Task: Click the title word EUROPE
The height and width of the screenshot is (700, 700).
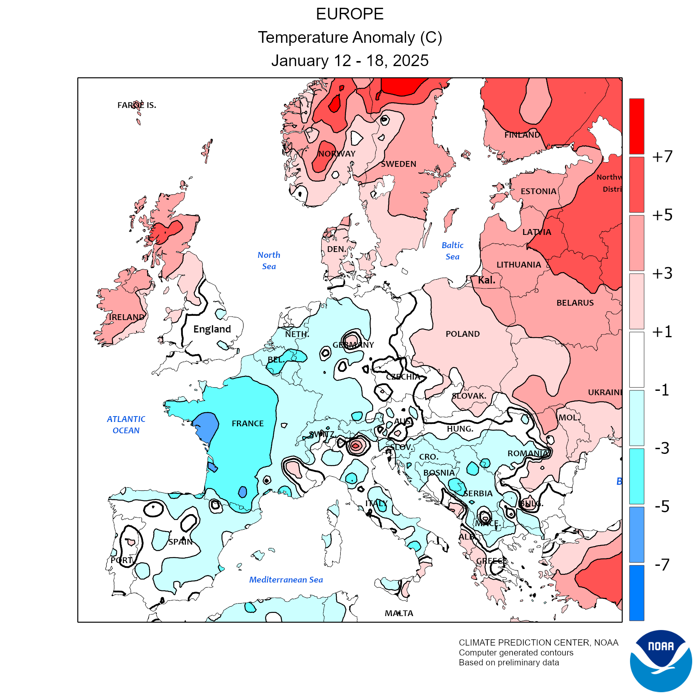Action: tap(350, 14)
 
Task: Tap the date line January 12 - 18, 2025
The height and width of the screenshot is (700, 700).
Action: tap(350, 61)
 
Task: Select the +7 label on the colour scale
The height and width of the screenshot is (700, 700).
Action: tap(662, 157)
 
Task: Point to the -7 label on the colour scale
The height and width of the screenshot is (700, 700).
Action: tap(662, 564)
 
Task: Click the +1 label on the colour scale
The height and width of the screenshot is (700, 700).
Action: tap(662, 332)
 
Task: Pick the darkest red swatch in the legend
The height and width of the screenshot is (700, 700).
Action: tap(637, 126)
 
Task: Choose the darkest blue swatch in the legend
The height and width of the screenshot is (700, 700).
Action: tap(637, 593)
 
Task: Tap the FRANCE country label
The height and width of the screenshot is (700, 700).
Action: tap(248, 423)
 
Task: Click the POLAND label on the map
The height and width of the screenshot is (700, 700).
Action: tap(462, 334)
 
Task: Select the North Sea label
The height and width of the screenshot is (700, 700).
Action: tap(269, 261)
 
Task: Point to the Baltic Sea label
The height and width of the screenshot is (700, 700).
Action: tap(453, 251)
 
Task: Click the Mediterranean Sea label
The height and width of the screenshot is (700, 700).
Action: tap(286, 580)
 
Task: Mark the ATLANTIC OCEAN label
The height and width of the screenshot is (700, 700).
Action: tap(126, 425)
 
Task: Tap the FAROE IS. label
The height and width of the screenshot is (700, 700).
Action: tap(137, 105)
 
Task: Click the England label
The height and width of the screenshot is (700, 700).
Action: tap(212, 329)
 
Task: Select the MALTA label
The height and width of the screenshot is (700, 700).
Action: tap(399, 613)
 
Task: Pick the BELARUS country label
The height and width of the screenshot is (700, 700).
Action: tap(575, 303)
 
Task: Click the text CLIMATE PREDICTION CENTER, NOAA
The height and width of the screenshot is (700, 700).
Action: tap(538, 643)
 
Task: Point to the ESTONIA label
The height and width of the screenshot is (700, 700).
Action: tap(538, 191)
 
